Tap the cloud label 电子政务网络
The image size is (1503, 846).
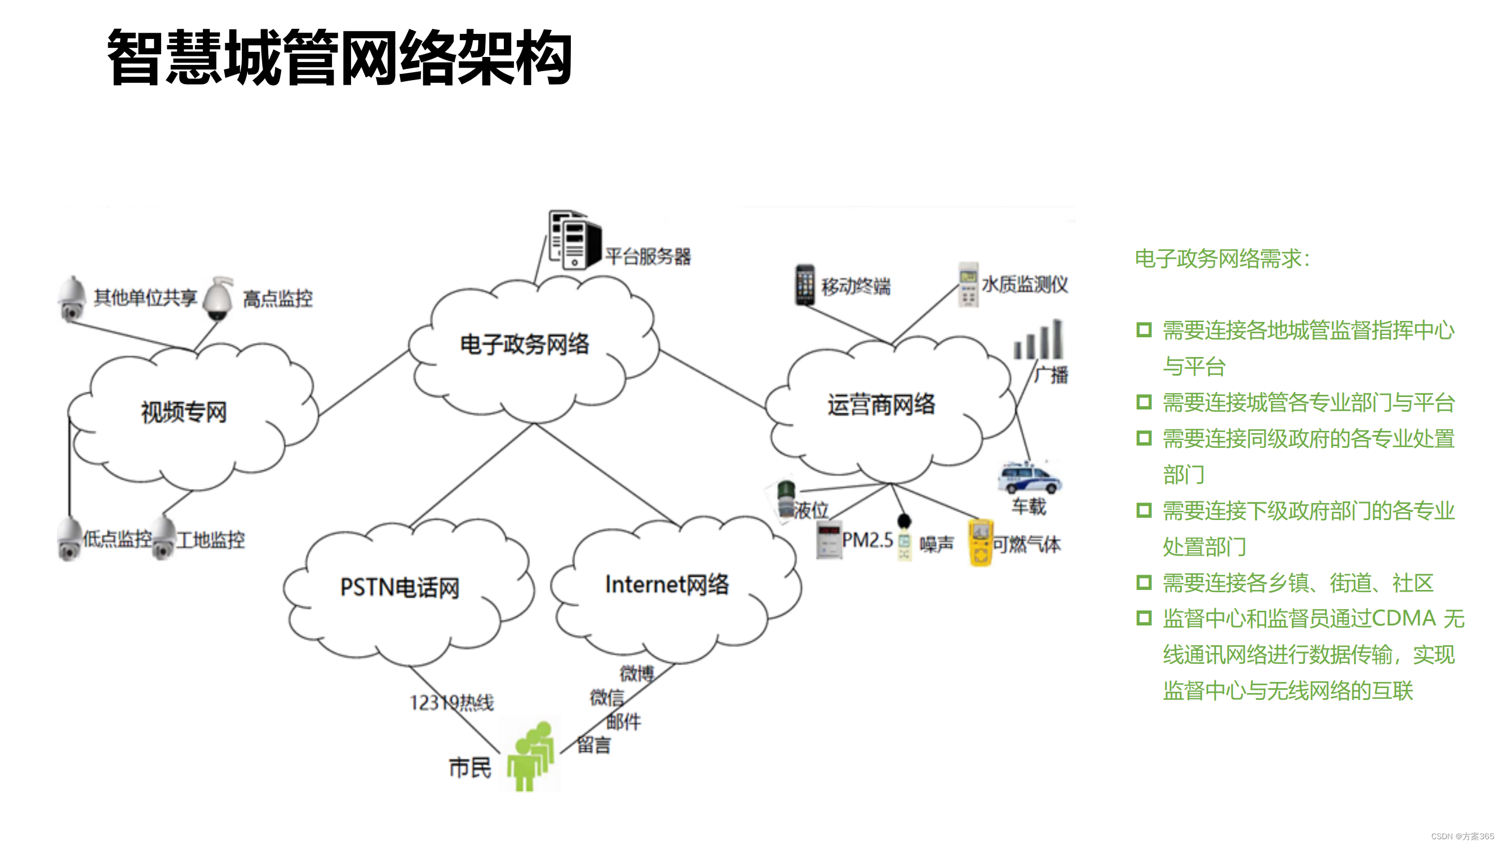[x=524, y=344]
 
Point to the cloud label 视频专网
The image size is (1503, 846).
[x=183, y=412]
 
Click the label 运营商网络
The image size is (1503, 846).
[x=880, y=404]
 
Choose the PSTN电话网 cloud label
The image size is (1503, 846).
[x=400, y=587]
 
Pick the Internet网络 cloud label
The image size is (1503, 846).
[x=667, y=584]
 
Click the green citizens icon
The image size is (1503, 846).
[x=530, y=756]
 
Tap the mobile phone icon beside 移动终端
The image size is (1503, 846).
[x=805, y=285]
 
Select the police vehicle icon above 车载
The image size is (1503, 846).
[x=1028, y=478]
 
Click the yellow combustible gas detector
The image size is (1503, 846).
[x=980, y=543]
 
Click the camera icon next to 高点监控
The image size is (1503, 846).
[x=218, y=299]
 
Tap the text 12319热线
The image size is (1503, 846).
[x=451, y=702]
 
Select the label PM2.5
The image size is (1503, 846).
[x=867, y=540]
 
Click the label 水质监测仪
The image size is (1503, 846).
[x=1024, y=285]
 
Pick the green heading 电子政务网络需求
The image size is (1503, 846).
[x=1222, y=259]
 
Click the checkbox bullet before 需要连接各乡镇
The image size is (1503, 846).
[x=1143, y=582]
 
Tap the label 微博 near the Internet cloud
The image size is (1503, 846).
[x=637, y=673]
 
